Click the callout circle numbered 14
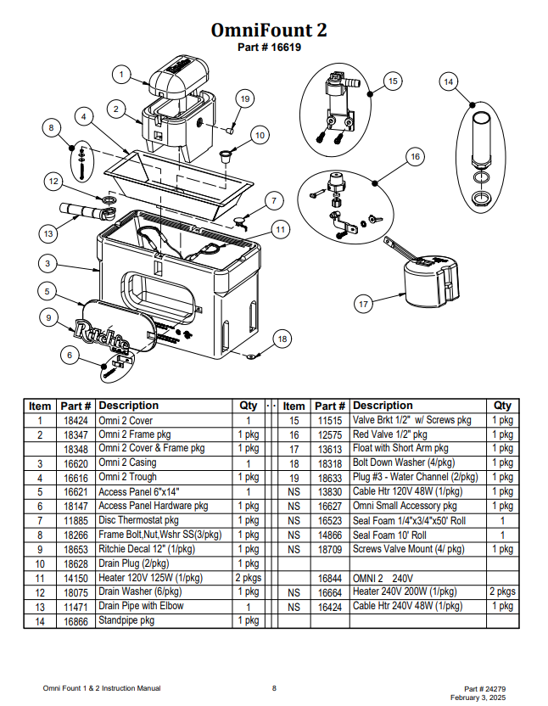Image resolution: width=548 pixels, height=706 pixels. click(x=449, y=82)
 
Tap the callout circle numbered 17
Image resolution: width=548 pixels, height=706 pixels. click(x=363, y=304)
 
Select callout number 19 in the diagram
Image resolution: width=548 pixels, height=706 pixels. click(x=245, y=98)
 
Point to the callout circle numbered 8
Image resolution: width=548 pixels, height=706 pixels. click(x=52, y=128)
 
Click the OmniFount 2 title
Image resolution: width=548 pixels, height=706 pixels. click(x=269, y=31)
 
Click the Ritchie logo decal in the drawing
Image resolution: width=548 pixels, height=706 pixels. click(x=102, y=336)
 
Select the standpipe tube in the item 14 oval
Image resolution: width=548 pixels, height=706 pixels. click(x=481, y=138)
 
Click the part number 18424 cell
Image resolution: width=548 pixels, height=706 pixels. click(x=75, y=421)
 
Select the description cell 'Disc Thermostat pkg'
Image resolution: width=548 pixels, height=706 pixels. click(x=138, y=520)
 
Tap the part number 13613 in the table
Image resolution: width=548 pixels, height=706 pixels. click(x=330, y=449)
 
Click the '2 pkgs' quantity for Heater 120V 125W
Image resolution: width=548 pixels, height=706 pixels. click(x=248, y=578)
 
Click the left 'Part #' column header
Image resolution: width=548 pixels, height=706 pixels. click(x=75, y=406)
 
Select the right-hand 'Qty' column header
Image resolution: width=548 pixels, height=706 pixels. click(x=502, y=406)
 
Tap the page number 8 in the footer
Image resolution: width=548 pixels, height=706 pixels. click(x=274, y=688)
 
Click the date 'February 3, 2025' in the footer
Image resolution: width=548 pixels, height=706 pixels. click(x=478, y=698)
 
